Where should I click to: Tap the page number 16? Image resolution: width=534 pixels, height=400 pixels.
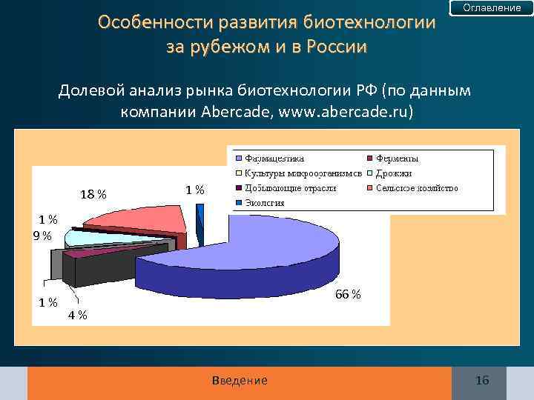pos(482,381)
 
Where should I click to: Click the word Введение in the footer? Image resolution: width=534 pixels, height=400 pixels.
pos(240,381)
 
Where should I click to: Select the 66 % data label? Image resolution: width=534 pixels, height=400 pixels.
pos(348,294)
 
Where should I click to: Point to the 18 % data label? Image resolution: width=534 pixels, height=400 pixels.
pos(93,195)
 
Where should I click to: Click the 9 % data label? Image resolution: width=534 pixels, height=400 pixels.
pos(42,236)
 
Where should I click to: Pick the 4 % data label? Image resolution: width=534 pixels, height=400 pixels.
pos(77,315)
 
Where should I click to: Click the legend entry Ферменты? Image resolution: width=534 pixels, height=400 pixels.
pos(396,159)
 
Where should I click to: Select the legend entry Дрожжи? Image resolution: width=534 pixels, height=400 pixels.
pos(393,173)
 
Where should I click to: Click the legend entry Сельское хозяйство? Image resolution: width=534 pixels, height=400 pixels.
pos(416,188)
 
